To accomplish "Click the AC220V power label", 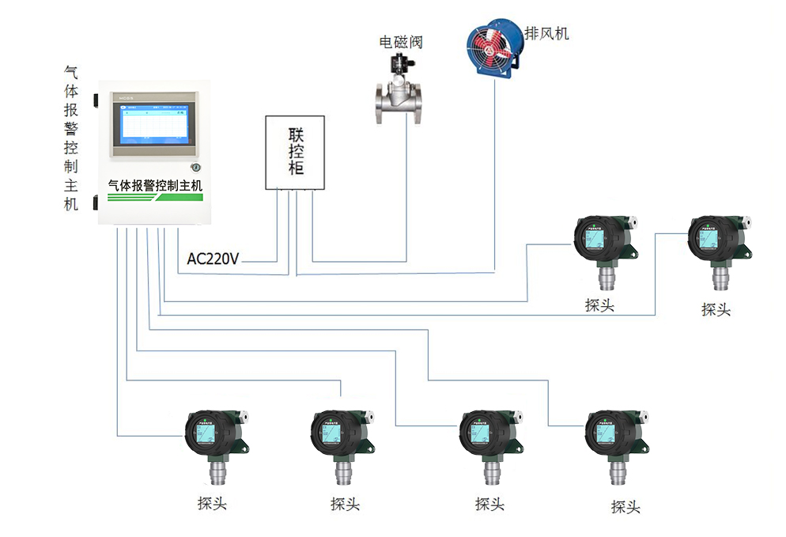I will coord(213,259).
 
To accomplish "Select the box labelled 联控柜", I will coord(296,152).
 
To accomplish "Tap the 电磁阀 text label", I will coord(401,42).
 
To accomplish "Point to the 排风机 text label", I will coord(546,33).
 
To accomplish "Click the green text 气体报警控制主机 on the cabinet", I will coord(155,185).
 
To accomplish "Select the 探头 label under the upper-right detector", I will coord(716,309).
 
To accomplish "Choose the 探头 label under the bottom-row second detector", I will coord(346,503).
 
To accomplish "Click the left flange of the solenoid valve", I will coord(379,102).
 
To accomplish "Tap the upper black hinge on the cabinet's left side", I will coord(94,101).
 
